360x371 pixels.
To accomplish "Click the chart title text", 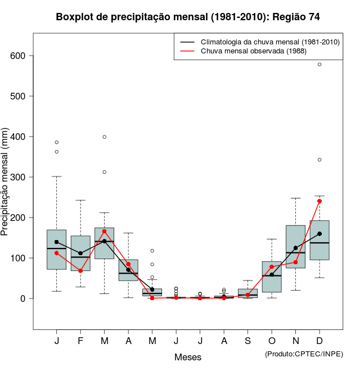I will pos(188,17).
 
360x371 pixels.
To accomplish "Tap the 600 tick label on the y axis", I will pos(19,56).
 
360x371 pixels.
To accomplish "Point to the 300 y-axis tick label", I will pos(19,177).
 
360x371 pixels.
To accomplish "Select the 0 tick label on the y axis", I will pos(24,298).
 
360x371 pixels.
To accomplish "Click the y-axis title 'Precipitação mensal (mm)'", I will pos(6,188).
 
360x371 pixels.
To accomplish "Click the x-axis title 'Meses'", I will pos(188,357).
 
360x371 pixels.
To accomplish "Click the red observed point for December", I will pos(319,201).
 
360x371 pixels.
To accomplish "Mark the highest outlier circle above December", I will pos(319,65).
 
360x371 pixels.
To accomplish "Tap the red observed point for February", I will pos(80,271).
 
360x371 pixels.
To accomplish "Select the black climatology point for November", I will pos(295,248).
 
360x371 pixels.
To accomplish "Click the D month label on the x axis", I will pos(319,341).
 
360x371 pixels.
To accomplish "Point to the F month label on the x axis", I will pos(80,341).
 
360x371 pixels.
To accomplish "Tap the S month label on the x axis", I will pos(247,341).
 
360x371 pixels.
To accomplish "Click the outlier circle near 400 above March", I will pos(105,137).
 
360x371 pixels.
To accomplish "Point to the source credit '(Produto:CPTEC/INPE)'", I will pos(304,354).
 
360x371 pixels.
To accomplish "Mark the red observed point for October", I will pos(272,267).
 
